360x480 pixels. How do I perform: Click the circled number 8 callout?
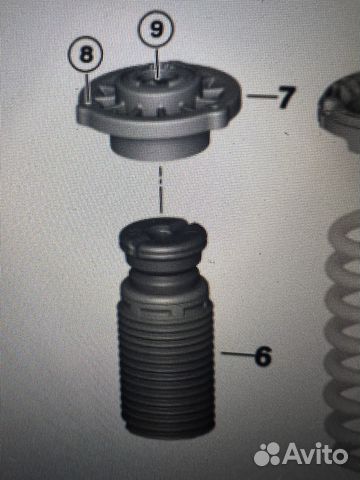(86, 54)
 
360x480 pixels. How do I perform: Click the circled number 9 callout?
(156, 29)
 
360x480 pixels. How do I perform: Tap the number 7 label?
(287, 97)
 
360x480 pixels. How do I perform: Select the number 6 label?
(263, 356)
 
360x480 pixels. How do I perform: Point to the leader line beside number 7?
(262, 96)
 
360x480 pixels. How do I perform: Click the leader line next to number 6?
(237, 353)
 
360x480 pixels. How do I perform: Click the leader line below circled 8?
(87, 87)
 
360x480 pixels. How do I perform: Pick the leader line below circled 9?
(156, 63)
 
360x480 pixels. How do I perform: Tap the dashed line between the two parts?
(161, 190)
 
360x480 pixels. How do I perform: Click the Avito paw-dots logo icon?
(267, 454)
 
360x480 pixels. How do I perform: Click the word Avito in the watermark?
(315, 454)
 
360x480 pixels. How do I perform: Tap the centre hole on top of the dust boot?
(163, 231)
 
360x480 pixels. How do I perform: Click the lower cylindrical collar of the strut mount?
(159, 146)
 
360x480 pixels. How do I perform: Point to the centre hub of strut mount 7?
(157, 87)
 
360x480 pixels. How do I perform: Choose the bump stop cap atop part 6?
(163, 241)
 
